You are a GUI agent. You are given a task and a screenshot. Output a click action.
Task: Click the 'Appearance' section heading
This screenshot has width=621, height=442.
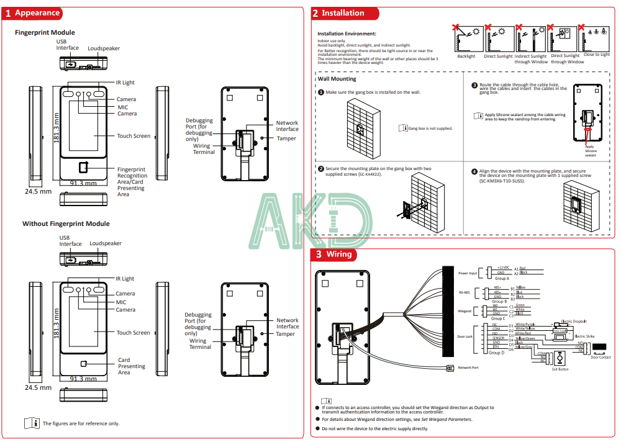tap(37, 12)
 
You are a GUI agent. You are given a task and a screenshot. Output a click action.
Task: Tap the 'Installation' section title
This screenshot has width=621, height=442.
tap(343, 13)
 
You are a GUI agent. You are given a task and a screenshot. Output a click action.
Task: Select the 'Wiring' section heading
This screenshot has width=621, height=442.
tap(339, 254)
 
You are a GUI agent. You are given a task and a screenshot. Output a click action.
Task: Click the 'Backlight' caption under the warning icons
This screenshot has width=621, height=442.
tap(466, 56)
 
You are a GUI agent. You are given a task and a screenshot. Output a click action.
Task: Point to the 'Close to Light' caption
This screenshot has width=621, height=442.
tap(596, 55)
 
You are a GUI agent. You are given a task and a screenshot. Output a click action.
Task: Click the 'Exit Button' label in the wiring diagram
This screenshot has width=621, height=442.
tap(560, 369)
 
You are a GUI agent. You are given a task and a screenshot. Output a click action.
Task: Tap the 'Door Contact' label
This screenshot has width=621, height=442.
tap(601, 358)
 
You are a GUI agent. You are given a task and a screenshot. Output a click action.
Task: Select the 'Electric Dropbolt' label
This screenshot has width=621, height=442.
tap(574, 322)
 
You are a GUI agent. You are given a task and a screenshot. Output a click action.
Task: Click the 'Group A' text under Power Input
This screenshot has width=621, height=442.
tap(501, 279)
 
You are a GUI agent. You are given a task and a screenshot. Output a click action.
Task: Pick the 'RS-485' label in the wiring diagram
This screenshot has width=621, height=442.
tap(465, 292)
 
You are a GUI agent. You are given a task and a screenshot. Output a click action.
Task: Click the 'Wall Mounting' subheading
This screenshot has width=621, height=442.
tap(337, 79)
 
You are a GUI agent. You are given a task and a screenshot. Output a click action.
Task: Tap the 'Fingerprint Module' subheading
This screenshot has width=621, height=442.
tap(45, 32)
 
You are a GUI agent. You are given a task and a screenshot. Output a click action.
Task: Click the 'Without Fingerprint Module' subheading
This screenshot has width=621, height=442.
tap(66, 223)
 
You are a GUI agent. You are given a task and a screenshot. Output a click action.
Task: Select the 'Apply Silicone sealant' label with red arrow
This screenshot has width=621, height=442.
tap(590, 151)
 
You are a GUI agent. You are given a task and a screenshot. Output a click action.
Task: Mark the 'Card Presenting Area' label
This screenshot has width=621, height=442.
tap(132, 366)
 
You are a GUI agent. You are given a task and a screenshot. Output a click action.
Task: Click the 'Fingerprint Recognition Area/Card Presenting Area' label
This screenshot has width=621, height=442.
tap(132, 181)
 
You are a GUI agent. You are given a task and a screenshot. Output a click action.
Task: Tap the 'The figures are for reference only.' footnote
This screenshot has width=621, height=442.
tap(81, 423)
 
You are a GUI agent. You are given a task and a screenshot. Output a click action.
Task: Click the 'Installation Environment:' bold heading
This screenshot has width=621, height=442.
tap(347, 34)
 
